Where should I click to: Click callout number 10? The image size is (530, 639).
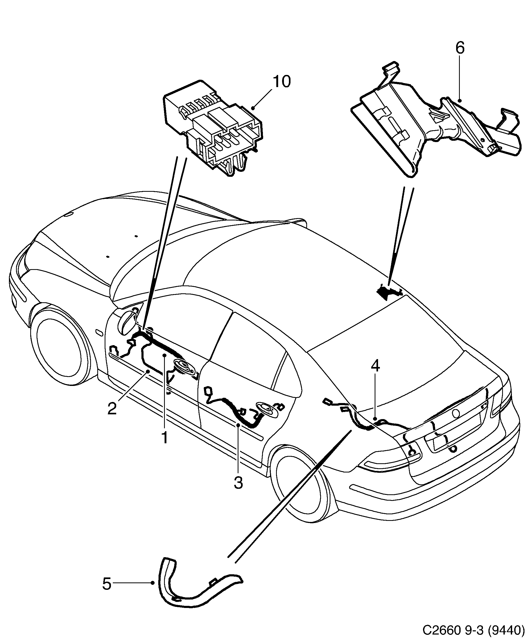(282, 82)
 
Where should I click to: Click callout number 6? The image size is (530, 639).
(460, 48)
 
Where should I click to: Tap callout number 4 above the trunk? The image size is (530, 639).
(375, 366)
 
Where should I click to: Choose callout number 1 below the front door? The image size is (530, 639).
(165, 438)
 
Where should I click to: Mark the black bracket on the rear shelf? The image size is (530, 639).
(388, 292)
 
